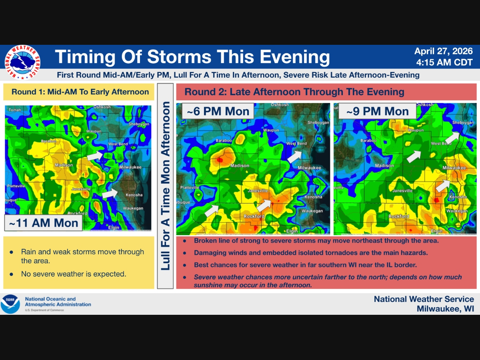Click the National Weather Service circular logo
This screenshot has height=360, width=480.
tap(22, 62)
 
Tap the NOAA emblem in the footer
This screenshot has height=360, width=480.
tap(10, 304)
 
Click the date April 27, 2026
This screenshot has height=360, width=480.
tap(444, 51)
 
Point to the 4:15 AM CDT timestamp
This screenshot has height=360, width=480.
tap(444, 62)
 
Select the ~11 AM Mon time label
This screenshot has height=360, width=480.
tap(44, 223)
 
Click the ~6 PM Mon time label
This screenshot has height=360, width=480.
tap(218, 111)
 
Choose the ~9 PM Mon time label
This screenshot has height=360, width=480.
tap(378, 111)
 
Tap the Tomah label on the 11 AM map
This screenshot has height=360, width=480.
tap(15, 110)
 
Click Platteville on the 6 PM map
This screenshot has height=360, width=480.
tap(190, 188)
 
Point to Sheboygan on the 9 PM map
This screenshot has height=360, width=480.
tap(463, 122)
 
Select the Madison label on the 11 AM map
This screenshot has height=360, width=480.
tap(64, 165)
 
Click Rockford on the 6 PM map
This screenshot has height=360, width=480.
tap(254, 216)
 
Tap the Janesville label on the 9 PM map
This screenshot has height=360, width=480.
tap(402, 191)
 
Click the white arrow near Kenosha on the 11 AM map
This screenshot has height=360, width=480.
tap(110, 194)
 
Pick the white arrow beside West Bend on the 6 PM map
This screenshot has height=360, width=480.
tap(294, 156)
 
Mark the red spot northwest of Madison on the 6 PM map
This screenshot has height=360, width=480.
tap(220, 160)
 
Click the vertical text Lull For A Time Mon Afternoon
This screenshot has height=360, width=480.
tap(165, 186)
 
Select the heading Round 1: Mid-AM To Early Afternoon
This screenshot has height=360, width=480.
tap(80, 92)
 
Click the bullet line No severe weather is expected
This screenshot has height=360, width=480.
tap(74, 274)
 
